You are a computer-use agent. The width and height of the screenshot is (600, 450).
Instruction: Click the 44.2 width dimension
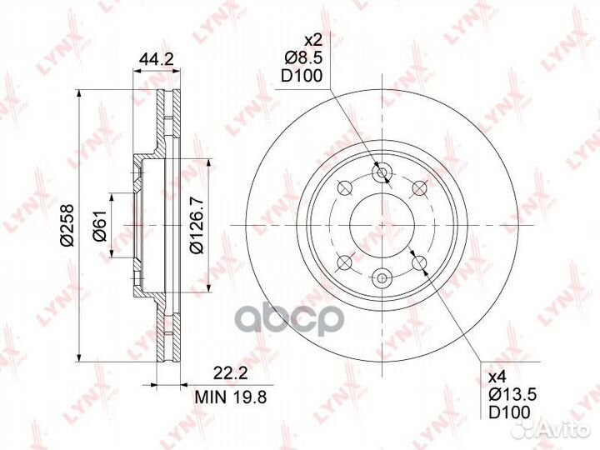tap(156, 59)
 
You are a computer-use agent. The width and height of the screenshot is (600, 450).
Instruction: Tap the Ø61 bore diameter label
tap(99, 226)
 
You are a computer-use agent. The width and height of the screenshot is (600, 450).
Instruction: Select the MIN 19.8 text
tap(230, 397)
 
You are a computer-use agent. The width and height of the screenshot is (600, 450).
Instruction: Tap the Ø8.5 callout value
tap(303, 57)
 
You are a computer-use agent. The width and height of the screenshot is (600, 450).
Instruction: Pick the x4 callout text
tap(497, 377)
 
